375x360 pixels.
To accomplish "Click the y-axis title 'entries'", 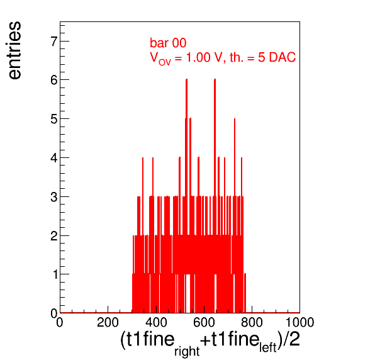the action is pyautogui.click(x=14, y=50).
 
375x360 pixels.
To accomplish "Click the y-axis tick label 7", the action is pyautogui.click(x=54, y=42).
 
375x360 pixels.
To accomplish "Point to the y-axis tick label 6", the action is pyautogui.click(x=54, y=81).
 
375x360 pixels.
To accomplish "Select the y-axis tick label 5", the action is pyautogui.click(x=54, y=119).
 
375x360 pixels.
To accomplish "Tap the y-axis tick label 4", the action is pyautogui.click(x=54, y=158).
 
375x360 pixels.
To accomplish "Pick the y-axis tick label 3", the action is pyautogui.click(x=54, y=197).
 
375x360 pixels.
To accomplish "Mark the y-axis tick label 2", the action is pyautogui.click(x=54, y=236).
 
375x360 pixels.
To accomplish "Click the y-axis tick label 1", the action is pyautogui.click(x=55, y=274).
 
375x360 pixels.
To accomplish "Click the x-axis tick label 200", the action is pyautogui.click(x=108, y=322).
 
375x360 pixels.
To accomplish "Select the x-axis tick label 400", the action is pyautogui.click(x=156, y=322).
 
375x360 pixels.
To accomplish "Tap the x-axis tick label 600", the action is pyautogui.click(x=204, y=322).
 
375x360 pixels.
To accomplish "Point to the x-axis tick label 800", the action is pyautogui.click(x=252, y=322).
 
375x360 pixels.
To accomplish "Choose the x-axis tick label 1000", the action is pyautogui.click(x=300, y=322).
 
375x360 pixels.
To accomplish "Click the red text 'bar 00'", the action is pyautogui.click(x=168, y=43).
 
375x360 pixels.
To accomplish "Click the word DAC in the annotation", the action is pyautogui.click(x=283, y=57).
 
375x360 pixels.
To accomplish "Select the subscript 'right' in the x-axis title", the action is pyautogui.click(x=187, y=351).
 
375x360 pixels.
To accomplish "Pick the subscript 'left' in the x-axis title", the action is pyautogui.click(x=268, y=347).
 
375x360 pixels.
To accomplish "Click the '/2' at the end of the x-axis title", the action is pyautogui.click(x=291, y=339).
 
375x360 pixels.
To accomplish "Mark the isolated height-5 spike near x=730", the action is pyautogui.click(x=235, y=157).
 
